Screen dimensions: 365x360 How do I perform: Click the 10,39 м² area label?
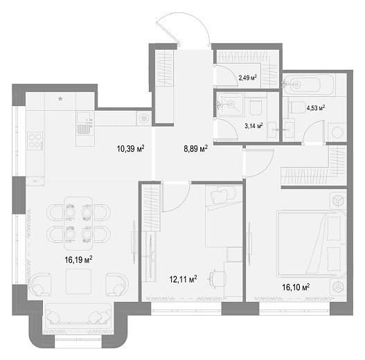click(131, 148)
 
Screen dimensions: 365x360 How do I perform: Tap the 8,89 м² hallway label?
click(196, 149)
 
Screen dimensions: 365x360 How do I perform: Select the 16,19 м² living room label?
click(79, 260)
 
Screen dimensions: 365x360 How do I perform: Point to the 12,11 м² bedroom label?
click(184, 279)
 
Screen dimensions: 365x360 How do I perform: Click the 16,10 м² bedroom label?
click(296, 287)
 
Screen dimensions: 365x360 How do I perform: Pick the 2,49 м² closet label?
click(248, 78)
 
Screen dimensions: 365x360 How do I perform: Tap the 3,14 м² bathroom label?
click(253, 126)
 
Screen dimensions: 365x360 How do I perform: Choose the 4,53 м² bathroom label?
click(316, 108)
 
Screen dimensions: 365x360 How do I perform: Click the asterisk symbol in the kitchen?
click(60, 100)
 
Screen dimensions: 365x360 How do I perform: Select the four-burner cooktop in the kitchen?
click(35, 141)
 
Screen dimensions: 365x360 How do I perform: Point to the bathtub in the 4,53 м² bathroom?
click(308, 84)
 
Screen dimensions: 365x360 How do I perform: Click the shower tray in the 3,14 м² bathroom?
click(230, 104)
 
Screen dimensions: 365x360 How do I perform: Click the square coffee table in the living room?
click(78, 281)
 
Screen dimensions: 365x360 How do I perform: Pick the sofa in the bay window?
click(78, 314)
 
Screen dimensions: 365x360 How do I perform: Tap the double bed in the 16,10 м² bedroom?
click(311, 244)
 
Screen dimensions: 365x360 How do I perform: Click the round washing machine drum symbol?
click(337, 132)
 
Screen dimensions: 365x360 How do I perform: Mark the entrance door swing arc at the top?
click(184, 15)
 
